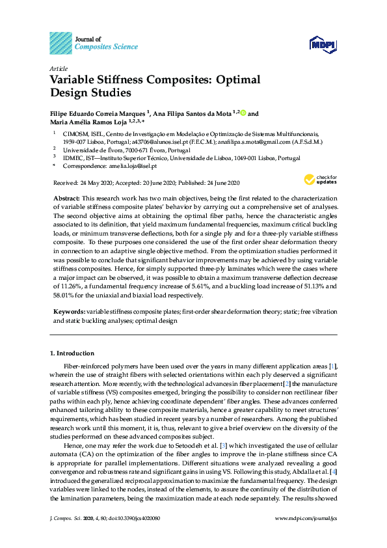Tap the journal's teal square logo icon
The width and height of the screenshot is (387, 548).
(x=60, y=43)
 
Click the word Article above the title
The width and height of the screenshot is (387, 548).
(x=58, y=68)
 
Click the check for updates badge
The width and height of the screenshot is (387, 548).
(x=319, y=179)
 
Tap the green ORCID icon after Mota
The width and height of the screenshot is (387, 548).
(x=243, y=113)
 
